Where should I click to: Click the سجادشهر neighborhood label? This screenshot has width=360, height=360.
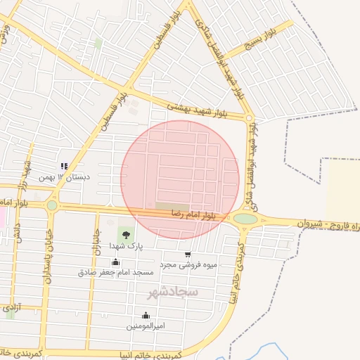pos(173,290)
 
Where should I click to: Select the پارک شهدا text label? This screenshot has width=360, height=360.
pos(126,247)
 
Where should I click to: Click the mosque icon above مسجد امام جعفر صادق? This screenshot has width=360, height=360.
pos(115,262)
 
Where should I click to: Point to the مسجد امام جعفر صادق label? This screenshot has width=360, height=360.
pos(115,271)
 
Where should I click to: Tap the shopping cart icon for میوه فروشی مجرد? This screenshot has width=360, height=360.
pos(188,255)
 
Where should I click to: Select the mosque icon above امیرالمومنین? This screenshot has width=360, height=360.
pos(146,316)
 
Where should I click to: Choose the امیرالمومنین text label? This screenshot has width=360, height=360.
pos(146,326)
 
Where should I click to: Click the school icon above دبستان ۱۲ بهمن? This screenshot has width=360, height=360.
pos(64,167)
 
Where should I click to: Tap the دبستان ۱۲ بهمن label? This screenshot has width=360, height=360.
pos(64,177)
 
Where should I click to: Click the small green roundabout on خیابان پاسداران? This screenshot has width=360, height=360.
pos(51,205)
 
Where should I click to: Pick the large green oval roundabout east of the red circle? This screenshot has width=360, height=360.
pos(245,219)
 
